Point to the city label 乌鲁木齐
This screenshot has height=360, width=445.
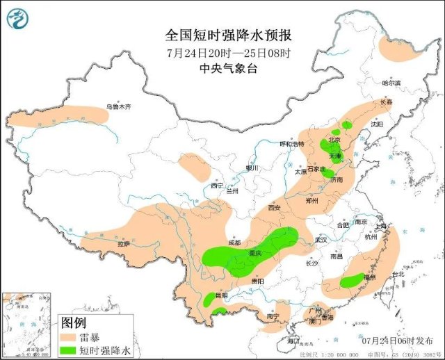(118, 107)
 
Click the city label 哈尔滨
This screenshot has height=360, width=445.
(392, 83)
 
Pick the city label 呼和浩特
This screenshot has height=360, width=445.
(292, 144)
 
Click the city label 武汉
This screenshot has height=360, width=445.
(321, 239)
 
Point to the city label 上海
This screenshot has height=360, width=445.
(381, 226)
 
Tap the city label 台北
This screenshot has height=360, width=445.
(398, 275)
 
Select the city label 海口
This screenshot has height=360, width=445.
(293, 341)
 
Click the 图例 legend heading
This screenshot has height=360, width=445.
(73, 322)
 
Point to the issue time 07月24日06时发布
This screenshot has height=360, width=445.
(397, 341)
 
